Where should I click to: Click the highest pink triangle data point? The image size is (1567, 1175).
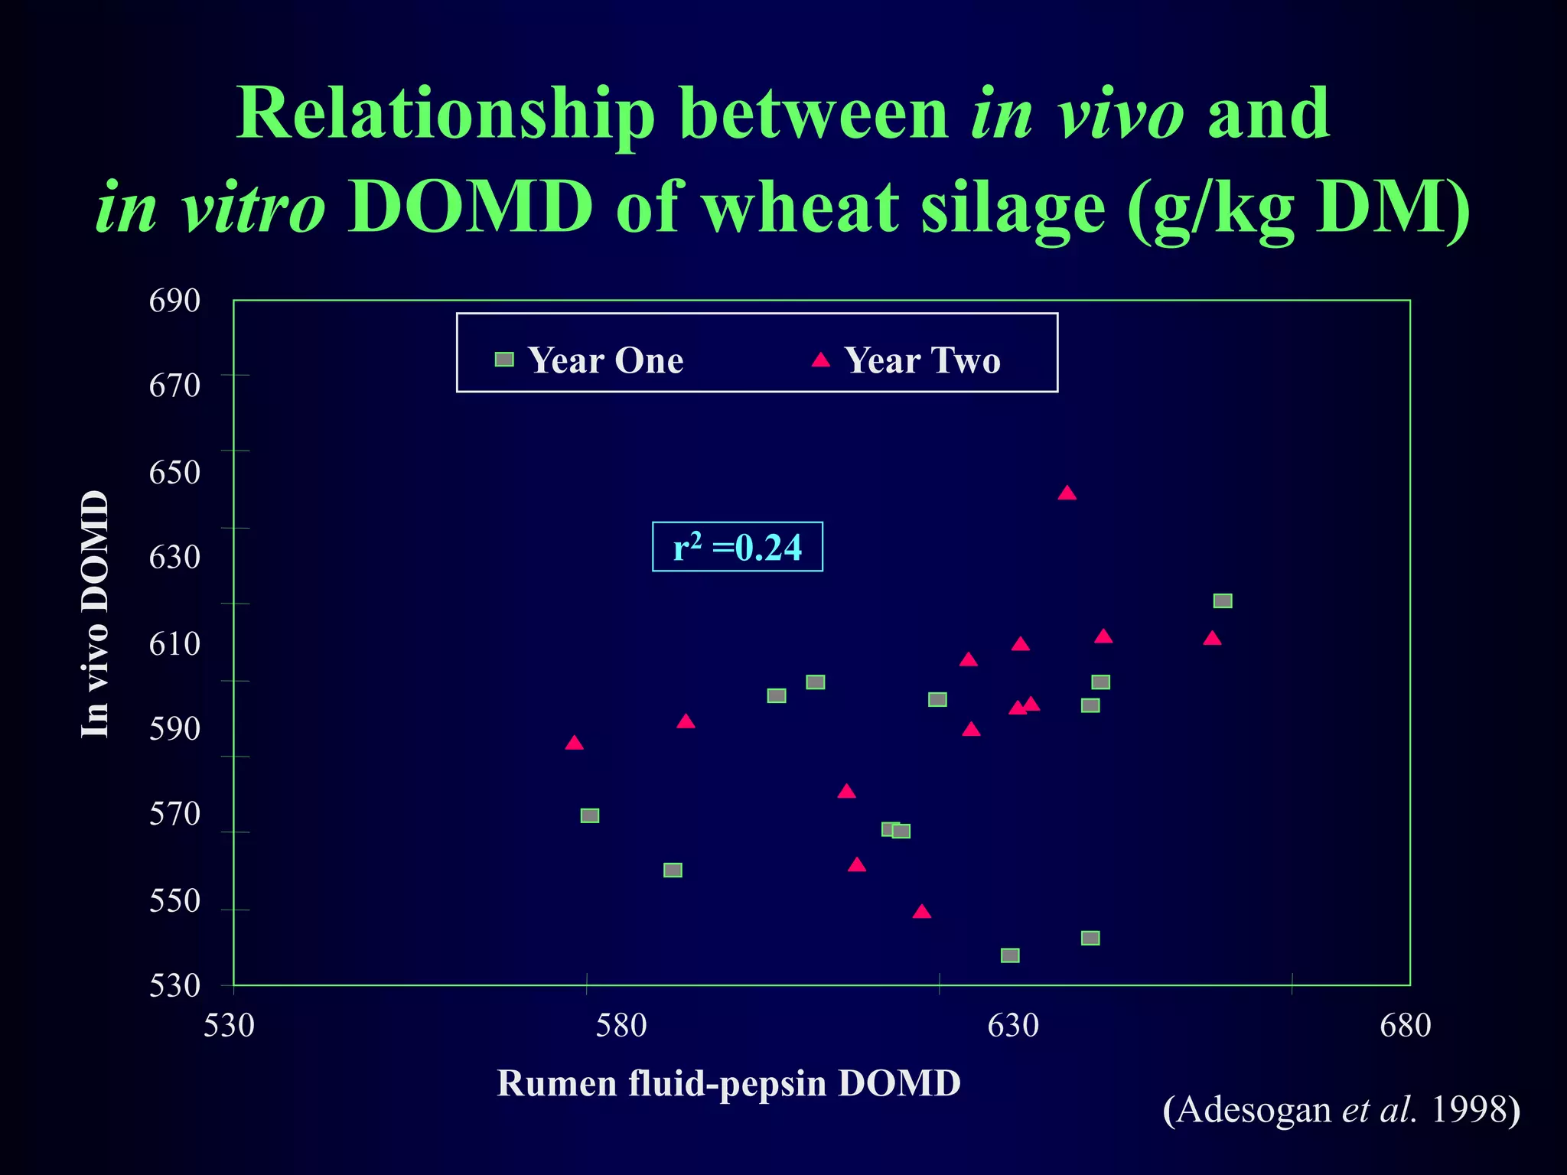coord(1067,493)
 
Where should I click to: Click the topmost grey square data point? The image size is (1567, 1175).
coord(1223,601)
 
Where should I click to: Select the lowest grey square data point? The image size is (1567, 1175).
coord(1010,955)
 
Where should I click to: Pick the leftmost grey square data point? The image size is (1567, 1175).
coord(589,815)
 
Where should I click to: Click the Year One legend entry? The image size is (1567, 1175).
coord(589,360)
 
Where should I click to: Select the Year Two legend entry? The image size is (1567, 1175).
coord(907,360)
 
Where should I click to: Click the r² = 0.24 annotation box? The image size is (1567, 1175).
coord(738,547)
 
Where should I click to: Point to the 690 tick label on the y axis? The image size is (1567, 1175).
coord(174,301)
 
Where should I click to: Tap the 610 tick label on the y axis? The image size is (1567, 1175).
coord(174,644)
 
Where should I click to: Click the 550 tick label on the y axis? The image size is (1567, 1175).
coord(174,901)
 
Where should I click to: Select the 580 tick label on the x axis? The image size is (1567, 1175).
coord(621,1025)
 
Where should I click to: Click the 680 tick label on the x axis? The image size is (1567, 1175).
coord(1405,1025)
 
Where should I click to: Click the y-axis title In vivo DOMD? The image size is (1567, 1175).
coord(95,614)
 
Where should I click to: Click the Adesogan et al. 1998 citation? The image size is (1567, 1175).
coord(1341,1109)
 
